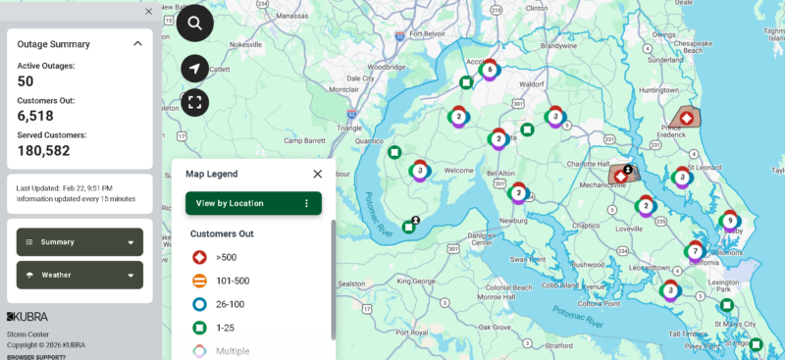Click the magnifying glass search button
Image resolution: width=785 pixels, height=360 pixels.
click(194, 23)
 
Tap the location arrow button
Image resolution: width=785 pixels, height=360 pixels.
click(194, 69)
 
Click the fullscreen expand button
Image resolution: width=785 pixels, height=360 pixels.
click(194, 102)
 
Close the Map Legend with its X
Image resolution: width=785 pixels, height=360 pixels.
click(317, 174)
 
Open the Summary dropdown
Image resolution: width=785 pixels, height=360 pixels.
click(79, 242)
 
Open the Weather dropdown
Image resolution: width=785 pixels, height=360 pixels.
click(79, 275)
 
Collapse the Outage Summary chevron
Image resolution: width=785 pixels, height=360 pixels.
click(137, 44)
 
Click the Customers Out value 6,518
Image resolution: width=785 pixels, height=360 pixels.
click(36, 116)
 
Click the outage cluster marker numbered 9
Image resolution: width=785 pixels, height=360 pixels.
click(729, 222)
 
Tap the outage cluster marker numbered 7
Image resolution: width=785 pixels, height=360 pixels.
click(695, 251)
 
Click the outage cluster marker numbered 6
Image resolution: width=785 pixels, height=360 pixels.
click(490, 70)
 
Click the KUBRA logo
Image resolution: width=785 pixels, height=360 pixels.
click(27, 317)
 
